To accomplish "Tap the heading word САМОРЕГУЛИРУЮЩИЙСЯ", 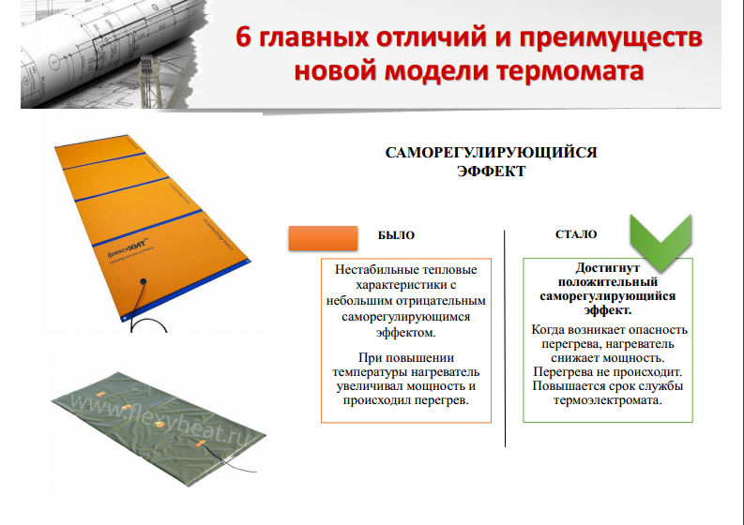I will (492, 153).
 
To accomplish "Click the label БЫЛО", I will (395, 236).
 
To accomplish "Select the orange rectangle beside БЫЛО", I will (323, 238).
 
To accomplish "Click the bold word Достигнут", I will (607, 267).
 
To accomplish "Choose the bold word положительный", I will (607, 281).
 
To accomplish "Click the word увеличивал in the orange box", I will (362, 386).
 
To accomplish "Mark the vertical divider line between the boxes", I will (507, 337).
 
